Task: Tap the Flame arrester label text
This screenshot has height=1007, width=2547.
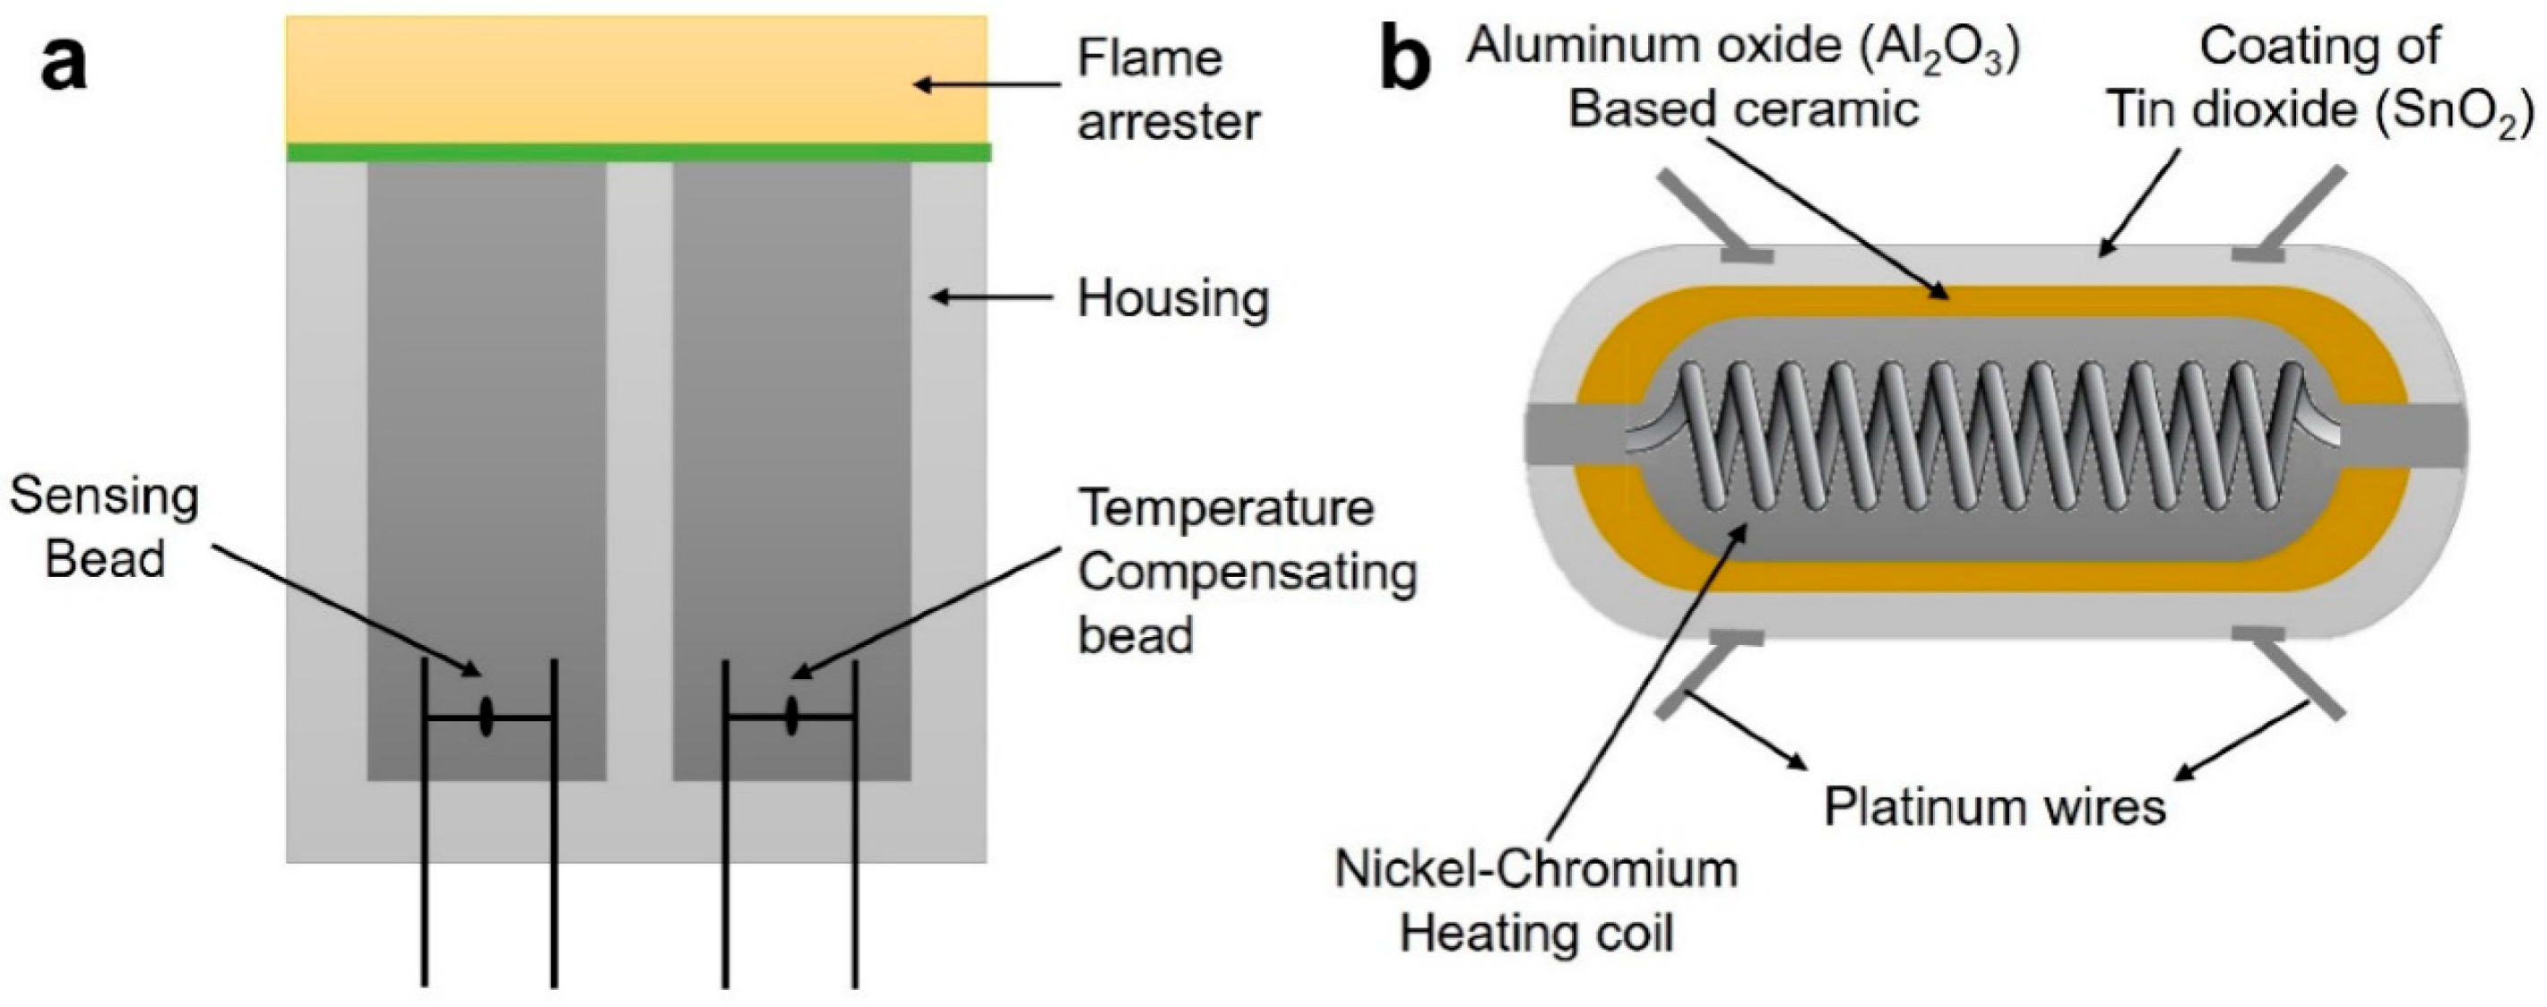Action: tap(1167, 90)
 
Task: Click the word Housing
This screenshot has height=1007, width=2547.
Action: tap(1172, 298)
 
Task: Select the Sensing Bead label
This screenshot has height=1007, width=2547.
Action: tap(104, 528)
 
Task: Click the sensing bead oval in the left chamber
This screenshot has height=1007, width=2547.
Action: tap(487, 717)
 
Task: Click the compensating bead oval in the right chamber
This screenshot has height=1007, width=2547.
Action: tap(792, 717)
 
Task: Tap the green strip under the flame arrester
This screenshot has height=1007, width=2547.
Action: tap(638, 152)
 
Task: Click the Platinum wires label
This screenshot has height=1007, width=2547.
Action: tap(1994, 807)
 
